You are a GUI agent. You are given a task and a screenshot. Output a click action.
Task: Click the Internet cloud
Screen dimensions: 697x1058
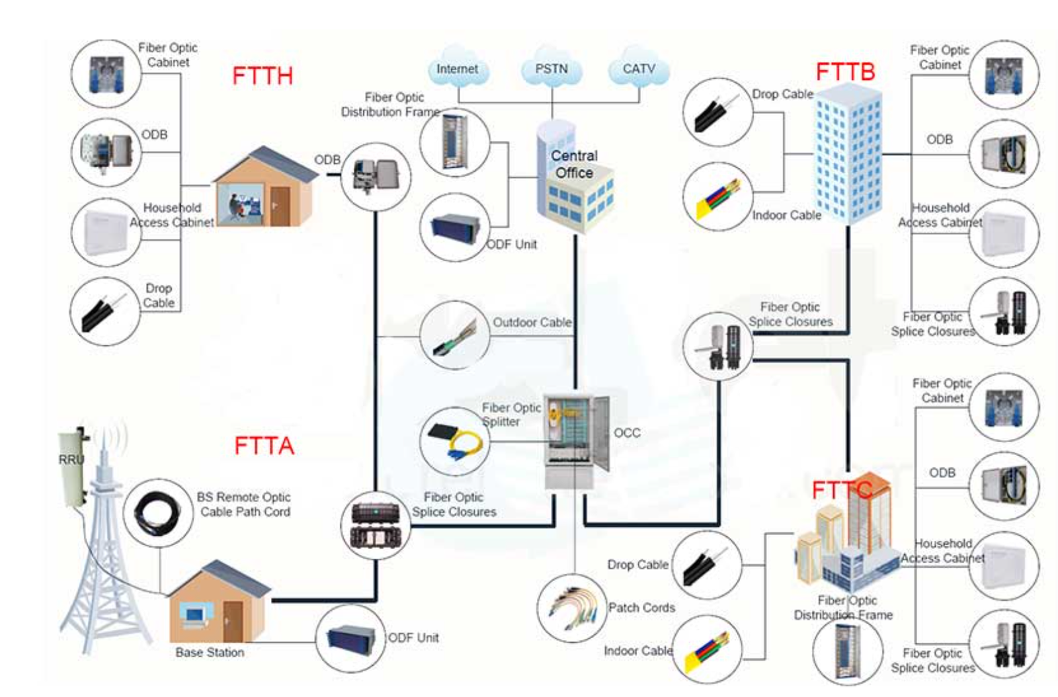[x=457, y=69]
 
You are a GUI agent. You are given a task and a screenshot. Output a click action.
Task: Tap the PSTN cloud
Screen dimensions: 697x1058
[x=551, y=69]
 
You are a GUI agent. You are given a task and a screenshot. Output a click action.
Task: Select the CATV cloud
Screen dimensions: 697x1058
[x=638, y=69]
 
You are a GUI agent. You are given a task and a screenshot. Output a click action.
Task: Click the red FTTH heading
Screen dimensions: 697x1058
[x=262, y=76]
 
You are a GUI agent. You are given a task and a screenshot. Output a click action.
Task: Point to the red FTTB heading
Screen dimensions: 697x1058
[x=845, y=71]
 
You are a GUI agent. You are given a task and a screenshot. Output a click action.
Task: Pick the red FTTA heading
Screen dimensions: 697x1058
[x=264, y=446]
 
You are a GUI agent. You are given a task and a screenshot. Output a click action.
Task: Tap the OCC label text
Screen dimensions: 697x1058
[x=627, y=433]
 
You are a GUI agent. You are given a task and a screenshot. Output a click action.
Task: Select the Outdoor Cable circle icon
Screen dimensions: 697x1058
[x=454, y=335]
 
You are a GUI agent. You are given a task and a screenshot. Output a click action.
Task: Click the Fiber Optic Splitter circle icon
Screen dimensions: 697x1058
[x=454, y=441]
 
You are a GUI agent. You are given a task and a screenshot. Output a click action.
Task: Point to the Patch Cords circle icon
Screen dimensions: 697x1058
[x=573, y=608]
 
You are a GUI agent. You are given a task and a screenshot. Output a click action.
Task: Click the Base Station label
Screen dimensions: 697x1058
[x=210, y=653]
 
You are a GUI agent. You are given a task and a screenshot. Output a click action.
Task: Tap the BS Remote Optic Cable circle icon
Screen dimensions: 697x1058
[x=157, y=513]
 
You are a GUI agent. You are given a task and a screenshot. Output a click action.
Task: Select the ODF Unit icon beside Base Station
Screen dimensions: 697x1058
[x=350, y=638]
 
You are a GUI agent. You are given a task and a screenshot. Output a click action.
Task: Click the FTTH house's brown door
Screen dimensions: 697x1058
[x=280, y=205]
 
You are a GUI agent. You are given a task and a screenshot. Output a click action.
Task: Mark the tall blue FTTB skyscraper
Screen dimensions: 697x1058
[x=848, y=159]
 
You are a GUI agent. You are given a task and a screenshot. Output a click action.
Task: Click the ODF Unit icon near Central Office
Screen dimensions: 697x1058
[x=455, y=227]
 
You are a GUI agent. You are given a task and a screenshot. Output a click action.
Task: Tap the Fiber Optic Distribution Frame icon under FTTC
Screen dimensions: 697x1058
[x=847, y=651]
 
